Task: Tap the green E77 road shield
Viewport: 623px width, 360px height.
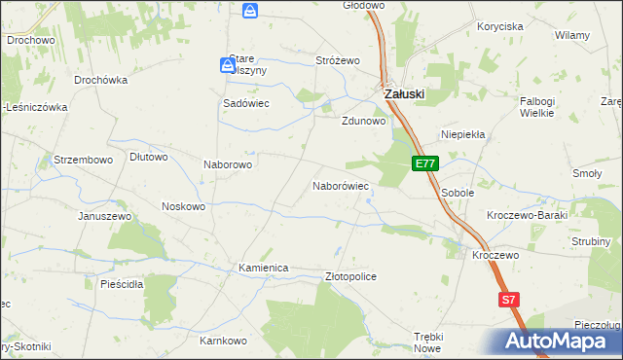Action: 424,164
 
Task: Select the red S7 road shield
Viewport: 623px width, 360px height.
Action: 508,301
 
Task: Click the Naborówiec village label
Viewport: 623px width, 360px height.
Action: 340,185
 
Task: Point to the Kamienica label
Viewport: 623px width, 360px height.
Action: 264,267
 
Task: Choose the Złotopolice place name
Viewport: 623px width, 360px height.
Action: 349,276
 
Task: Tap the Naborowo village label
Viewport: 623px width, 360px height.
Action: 228,164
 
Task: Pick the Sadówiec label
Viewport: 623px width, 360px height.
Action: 246,103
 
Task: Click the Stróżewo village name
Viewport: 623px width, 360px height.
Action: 338,60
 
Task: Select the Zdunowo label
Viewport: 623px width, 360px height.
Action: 364,122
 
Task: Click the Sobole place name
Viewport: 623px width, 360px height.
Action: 458,193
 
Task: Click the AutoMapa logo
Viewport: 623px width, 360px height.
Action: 563,342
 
